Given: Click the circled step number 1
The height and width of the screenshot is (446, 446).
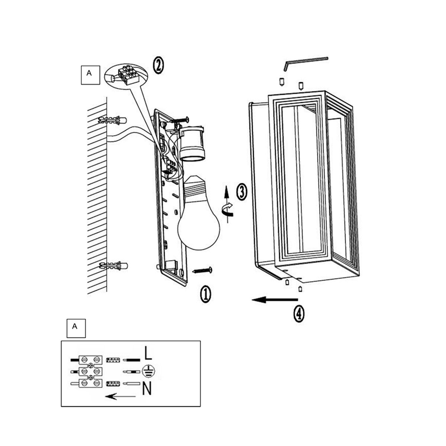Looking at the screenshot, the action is [x=205, y=294].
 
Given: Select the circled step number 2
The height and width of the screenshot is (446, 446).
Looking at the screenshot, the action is [x=158, y=65].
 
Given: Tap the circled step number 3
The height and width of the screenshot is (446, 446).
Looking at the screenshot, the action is [x=242, y=192].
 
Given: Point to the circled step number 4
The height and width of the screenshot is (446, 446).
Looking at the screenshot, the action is [x=299, y=313].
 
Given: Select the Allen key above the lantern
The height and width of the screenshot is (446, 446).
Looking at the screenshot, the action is [x=306, y=63].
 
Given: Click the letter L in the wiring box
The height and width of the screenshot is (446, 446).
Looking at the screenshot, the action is [x=148, y=353].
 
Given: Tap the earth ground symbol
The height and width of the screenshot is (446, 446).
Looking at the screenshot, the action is [x=148, y=371].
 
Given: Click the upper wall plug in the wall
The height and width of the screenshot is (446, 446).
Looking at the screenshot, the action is [x=113, y=120].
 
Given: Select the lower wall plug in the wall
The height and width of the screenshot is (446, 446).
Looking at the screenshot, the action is [x=113, y=266].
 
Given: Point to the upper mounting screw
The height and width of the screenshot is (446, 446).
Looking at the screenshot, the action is [x=179, y=120].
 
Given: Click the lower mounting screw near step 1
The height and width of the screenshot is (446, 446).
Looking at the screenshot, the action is [x=202, y=270].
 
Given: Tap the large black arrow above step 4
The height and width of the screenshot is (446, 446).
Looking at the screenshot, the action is [x=275, y=300].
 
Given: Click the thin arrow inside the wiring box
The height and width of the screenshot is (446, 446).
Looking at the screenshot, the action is [x=120, y=396].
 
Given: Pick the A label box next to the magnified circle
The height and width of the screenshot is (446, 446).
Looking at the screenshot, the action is [x=90, y=75].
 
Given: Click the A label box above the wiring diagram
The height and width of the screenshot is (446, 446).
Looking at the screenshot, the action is [x=76, y=328].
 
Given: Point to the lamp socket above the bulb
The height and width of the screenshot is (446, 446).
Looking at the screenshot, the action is [x=192, y=143].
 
